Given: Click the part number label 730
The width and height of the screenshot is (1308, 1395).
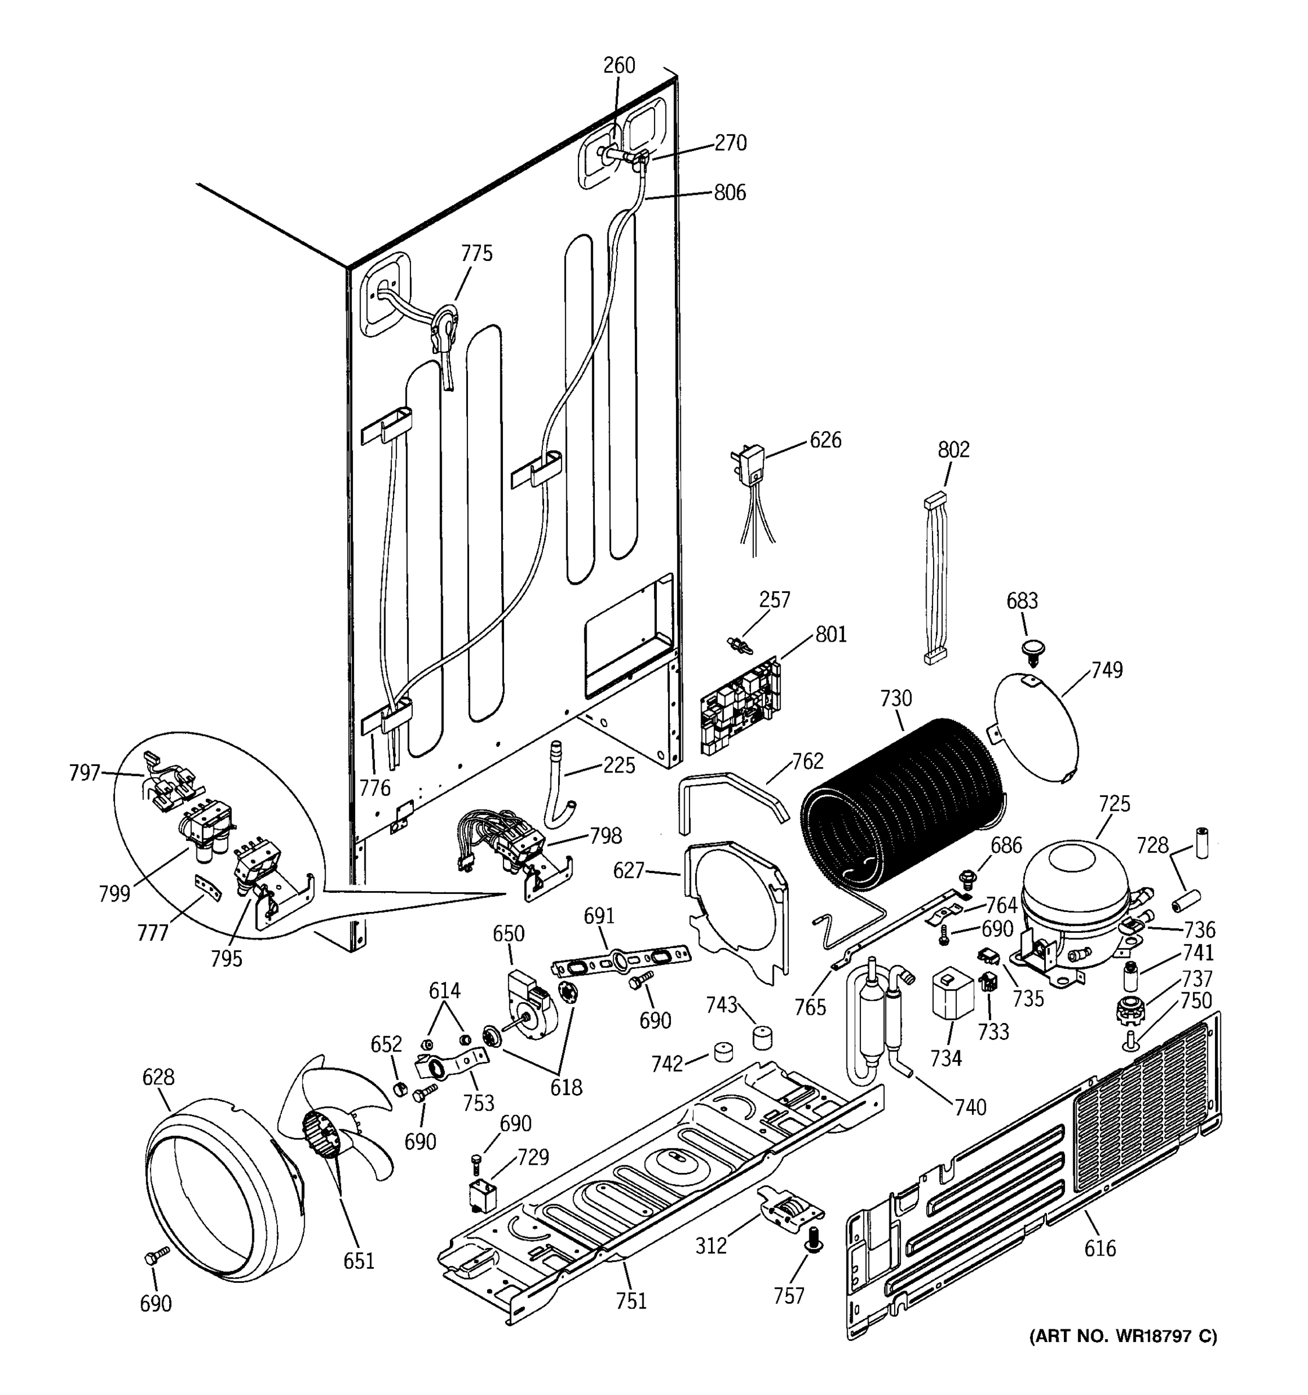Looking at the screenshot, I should point(896,698).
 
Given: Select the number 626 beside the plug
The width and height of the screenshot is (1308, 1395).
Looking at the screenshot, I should point(825,441).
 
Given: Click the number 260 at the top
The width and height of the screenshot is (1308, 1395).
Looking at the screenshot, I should point(619,65).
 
